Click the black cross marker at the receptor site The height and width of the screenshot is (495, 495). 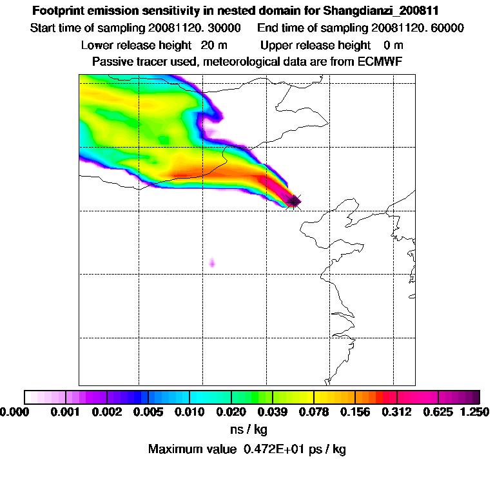pos(294,202)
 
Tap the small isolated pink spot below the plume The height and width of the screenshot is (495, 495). pos(213,262)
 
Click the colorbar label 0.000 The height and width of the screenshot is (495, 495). pos(15,411)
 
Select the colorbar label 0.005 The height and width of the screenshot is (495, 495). pos(148,411)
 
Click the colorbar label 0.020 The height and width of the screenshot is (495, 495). pos(231,411)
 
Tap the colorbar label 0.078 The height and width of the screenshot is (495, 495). pos(315,411)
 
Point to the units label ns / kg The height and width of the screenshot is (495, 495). pos(248,429)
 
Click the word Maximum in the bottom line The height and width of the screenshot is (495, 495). pos(173,449)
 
